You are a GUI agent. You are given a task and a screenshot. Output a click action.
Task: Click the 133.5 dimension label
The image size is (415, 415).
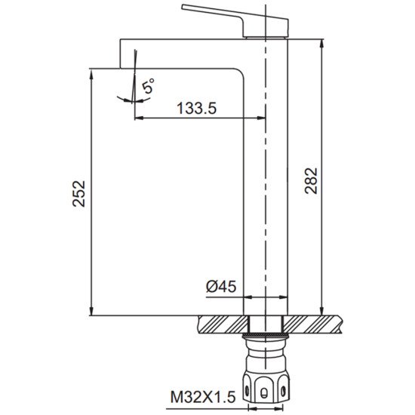(196, 108)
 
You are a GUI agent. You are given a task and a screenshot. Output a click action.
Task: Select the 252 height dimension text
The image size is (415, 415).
(79, 193)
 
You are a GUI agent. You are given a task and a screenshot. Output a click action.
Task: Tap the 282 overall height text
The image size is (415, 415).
(311, 181)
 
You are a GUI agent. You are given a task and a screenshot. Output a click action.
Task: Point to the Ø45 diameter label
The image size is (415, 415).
(221, 287)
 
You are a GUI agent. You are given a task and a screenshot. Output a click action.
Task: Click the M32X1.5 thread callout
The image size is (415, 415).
(203, 397)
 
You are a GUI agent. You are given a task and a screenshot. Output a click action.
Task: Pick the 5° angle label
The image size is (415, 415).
(148, 85)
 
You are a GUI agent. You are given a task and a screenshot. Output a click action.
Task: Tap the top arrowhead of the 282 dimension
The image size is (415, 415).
(321, 44)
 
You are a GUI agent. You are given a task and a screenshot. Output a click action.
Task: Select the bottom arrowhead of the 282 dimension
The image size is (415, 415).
(321, 311)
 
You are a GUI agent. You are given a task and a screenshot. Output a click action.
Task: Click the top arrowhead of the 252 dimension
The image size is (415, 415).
(91, 73)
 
